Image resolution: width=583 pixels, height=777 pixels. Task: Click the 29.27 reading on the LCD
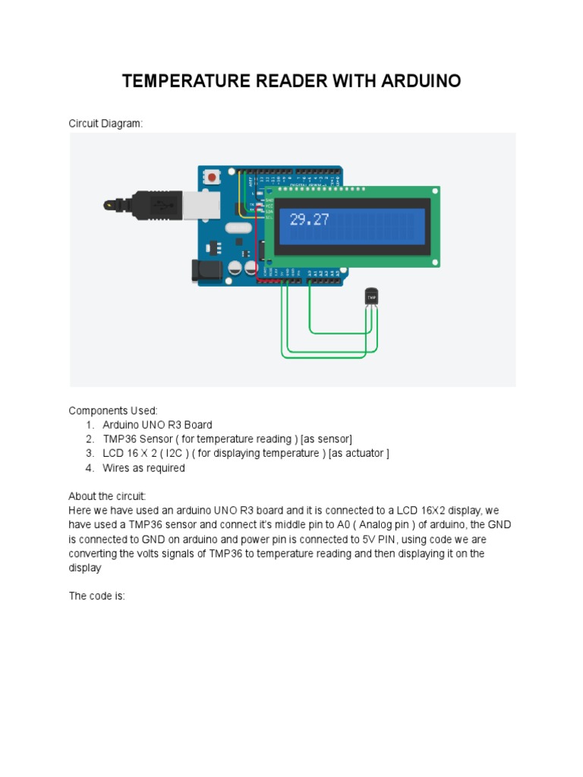309,220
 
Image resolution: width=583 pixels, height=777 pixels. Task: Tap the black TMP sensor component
371,297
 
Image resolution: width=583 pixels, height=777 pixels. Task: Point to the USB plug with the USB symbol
158,204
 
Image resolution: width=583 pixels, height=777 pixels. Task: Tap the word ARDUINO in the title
423,81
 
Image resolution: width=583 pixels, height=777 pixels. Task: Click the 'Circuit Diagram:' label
106,123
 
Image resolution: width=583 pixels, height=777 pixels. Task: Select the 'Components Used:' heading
113,411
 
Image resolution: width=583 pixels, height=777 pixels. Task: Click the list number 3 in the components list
90,454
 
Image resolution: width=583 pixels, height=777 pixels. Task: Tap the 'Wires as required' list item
143,468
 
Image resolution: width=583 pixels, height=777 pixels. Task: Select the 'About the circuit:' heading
107,496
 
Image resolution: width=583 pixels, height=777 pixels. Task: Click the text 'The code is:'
96,596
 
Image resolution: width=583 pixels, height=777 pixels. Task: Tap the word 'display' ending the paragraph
84,568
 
